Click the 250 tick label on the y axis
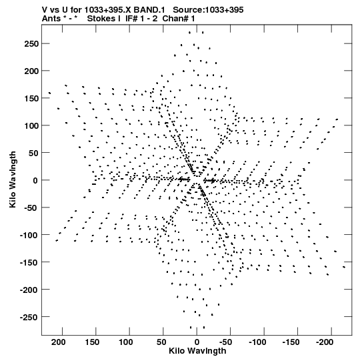31,43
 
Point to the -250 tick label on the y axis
29,317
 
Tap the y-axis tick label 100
31,125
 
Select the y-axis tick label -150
29,262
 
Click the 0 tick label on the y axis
35,180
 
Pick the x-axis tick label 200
59,342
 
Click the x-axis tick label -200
325,342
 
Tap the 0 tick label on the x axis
197,342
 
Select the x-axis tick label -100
257,342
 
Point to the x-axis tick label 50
161,342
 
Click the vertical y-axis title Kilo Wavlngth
13,179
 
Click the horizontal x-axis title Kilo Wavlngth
197,351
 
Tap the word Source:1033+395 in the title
208,10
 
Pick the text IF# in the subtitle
131,19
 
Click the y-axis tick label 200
31,71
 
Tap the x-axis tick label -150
291,342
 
